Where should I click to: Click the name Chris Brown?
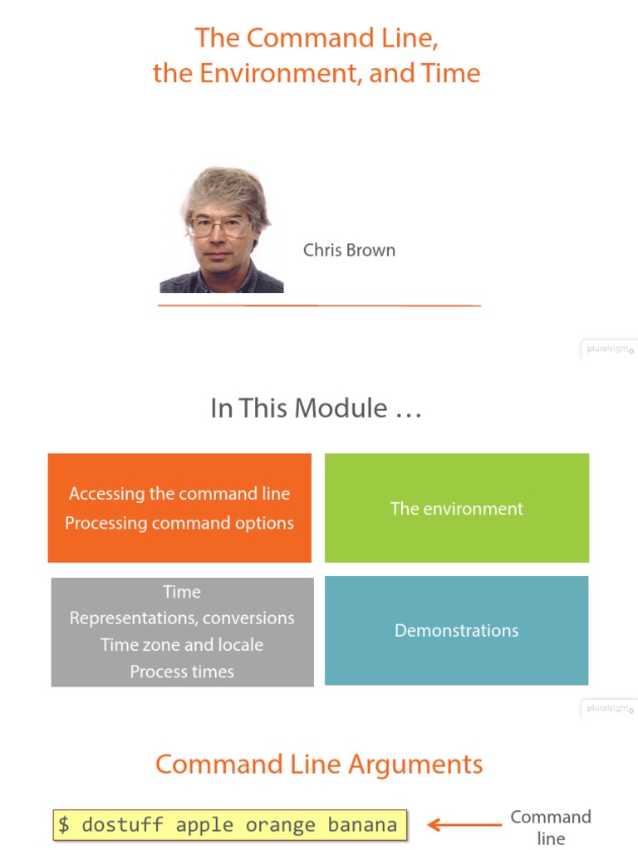[x=349, y=250]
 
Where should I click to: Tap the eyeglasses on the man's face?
[x=219, y=225]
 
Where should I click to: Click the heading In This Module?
[x=316, y=408]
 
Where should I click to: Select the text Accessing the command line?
[x=179, y=494]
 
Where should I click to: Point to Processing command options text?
[x=179, y=523]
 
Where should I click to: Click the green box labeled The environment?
[x=457, y=508]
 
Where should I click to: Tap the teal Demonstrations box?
[x=456, y=631]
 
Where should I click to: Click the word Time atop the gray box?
[x=182, y=592]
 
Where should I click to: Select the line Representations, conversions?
[x=182, y=618]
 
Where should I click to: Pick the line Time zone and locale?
[x=182, y=645]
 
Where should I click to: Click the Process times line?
[x=182, y=672]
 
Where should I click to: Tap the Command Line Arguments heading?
[x=319, y=765]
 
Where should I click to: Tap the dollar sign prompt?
[x=64, y=825]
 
